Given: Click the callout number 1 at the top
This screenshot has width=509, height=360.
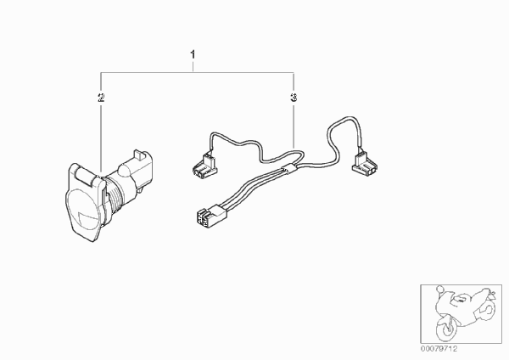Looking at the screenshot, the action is (193, 54).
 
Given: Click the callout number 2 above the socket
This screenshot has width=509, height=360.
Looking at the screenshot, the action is (101, 97).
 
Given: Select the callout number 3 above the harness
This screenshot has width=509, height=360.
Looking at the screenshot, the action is (294, 97).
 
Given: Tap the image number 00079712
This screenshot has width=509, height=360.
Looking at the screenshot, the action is (439, 349).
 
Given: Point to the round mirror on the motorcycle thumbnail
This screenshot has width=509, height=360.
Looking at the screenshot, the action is (439, 289).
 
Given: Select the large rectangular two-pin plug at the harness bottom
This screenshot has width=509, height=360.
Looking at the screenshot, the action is (211, 215).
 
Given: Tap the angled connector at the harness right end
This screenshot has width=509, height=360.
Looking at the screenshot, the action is (364, 164).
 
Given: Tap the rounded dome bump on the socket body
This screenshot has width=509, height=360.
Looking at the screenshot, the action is (125, 169).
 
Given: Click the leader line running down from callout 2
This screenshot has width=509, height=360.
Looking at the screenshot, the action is (101, 137).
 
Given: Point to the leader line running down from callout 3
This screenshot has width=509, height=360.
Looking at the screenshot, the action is (294, 126).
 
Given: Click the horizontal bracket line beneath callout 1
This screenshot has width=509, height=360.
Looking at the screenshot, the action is (198, 73).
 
